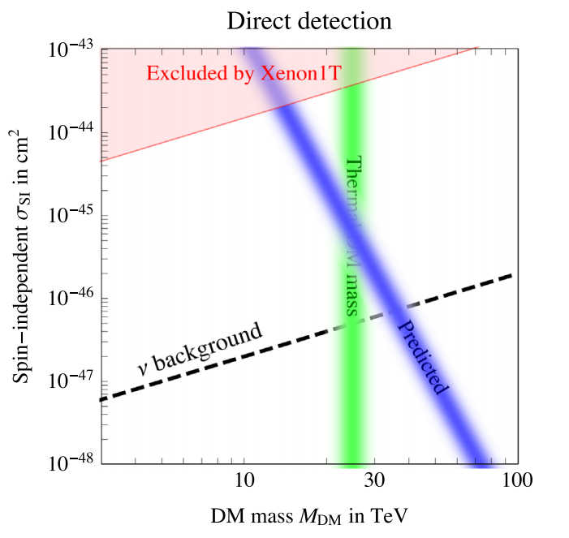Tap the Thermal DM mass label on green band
pyautogui.click(x=352, y=235)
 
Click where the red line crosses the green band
pyautogui.click(x=352, y=83)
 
